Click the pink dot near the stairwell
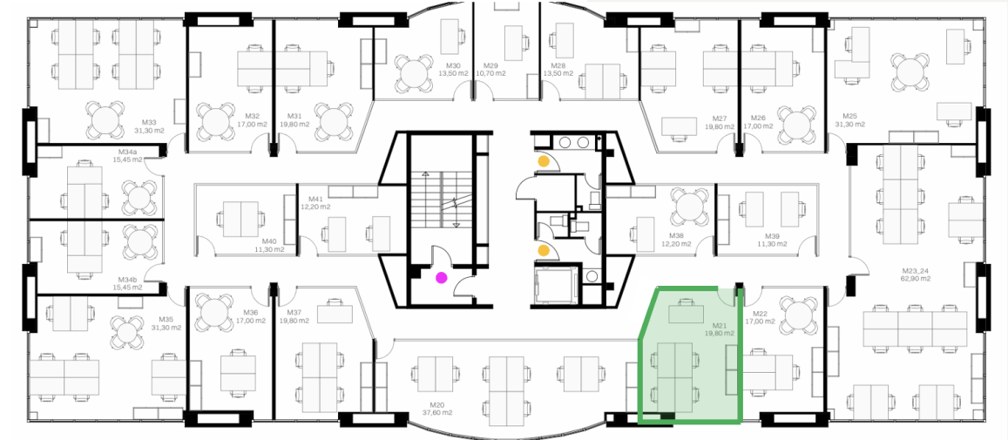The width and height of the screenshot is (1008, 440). point(442,278)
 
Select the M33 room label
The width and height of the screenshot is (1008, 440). point(150,122)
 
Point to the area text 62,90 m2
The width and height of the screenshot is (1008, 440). point(916,279)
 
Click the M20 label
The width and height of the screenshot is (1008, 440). point(437,405)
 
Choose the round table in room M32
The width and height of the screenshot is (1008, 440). point(216,121)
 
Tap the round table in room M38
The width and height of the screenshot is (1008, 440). point(690,206)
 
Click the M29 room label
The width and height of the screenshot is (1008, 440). point(491,66)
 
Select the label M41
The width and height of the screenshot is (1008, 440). point(315,200)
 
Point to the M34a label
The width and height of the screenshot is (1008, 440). point(127,152)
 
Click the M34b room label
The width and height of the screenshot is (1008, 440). point(127,281)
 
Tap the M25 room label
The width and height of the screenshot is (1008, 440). point(849,117)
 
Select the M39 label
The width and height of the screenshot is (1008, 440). point(772,237)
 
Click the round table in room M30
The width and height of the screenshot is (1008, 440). point(414,72)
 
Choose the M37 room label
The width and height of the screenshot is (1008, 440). point(286,313)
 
